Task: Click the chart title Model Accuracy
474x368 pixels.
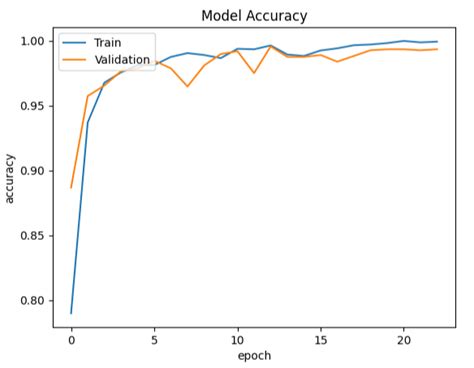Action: [x=254, y=16]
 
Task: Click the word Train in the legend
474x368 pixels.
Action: [x=108, y=44]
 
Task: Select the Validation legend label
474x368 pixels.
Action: [x=122, y=60]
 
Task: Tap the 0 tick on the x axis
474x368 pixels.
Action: [x=71, y=340]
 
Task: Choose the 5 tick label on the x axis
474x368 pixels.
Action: [x=154, y=340]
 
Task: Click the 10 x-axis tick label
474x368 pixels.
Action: [x=237, y=340]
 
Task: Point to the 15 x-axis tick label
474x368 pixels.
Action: [x=320, y=340]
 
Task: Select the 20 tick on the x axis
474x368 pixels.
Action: [x=403, y=340]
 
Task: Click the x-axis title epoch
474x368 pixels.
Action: [x=254, y=356]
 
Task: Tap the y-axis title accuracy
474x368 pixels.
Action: [x=11, y=177]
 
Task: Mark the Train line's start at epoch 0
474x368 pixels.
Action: [x=71, y=313]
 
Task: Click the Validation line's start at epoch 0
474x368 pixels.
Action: [x=71, y=187]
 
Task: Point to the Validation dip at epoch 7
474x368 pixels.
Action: [x=187, y=87]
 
